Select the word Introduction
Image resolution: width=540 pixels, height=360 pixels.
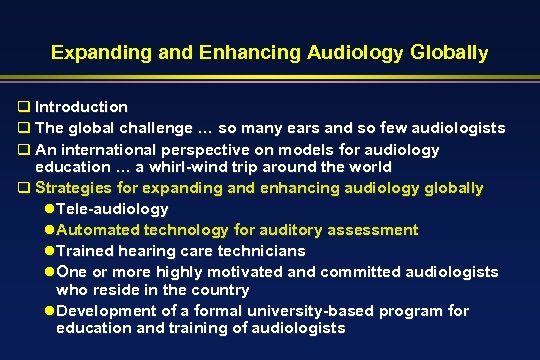coord(81,106)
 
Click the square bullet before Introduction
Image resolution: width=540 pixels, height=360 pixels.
coord(23,106)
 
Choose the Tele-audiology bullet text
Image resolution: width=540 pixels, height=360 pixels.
coord(113,209)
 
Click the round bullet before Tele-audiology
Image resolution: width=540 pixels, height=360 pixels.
coord(51,209)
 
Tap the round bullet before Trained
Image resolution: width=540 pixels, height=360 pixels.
coord(51,251)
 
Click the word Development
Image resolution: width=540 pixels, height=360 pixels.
coord(107,311)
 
